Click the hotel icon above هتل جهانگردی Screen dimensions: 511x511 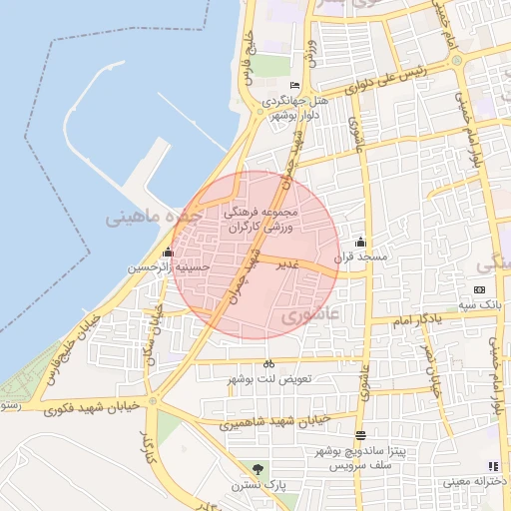click(293, 86)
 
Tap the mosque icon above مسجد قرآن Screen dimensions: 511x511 click(360, 243)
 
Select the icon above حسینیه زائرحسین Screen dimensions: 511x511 click(168, 253)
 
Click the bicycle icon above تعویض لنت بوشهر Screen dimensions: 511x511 click(268, 364)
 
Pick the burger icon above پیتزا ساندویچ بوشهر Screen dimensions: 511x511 click(360, 436)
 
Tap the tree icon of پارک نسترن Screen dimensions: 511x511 click(259, 469)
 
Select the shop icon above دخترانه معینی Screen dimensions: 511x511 click(492, 466)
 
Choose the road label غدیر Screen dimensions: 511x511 click(287, 264)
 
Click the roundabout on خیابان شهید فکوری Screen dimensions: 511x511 click(153, 401)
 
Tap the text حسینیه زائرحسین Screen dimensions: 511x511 click(169, 267)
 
